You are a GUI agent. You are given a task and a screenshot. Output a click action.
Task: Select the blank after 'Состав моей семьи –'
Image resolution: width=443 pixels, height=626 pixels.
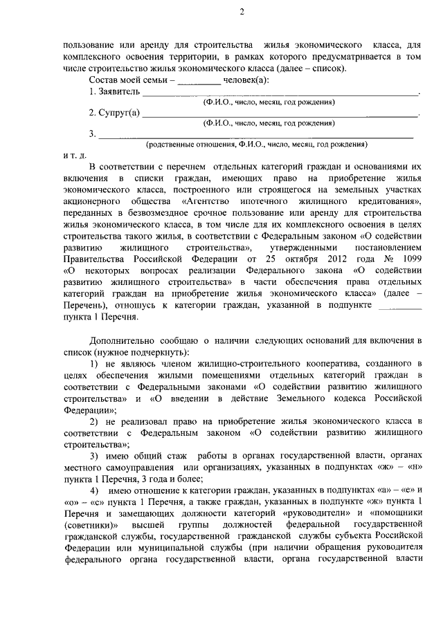[x=199, y=80]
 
